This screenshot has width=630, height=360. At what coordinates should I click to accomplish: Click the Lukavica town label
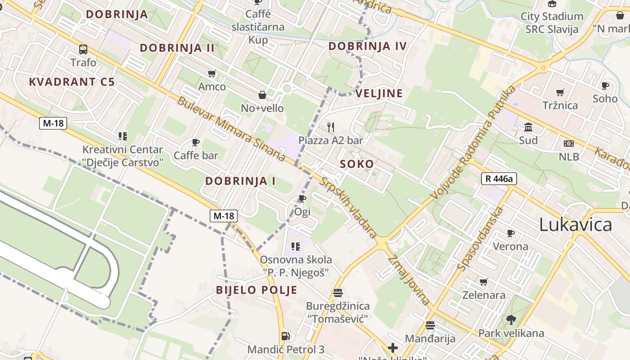coord(576,225)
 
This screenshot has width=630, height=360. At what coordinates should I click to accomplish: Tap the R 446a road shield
coord(499,179)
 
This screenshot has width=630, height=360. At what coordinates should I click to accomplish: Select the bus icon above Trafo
coord(83,49)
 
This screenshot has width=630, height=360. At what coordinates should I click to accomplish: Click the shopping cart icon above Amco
coord(211,73)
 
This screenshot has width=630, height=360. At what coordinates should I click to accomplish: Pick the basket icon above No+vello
coord(262,95)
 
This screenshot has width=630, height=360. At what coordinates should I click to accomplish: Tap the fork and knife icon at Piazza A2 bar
coord(331,127)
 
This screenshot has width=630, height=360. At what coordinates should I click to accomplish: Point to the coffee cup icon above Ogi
coord(302,198)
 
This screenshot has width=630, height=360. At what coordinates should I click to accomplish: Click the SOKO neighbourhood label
coord(357,164)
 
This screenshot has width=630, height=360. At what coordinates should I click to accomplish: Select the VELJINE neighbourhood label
coord(379,94)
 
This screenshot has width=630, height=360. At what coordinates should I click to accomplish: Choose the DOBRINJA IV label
coord(367,46)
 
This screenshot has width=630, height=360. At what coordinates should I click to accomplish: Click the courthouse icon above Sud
coord(528,127)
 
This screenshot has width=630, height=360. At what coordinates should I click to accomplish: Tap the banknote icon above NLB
coord(569,144)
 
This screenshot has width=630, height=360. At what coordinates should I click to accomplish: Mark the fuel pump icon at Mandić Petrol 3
coord(285,336)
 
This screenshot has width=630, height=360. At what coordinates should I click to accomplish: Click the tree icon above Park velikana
coord(511,320)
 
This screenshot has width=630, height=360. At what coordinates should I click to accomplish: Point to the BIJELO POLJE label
coord(256,290)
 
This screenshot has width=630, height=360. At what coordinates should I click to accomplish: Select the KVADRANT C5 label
coord(72,82)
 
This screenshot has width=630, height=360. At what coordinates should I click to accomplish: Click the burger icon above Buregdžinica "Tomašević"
coord(338,293)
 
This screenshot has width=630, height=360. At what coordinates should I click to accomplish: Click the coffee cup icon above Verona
coord(510,233)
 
